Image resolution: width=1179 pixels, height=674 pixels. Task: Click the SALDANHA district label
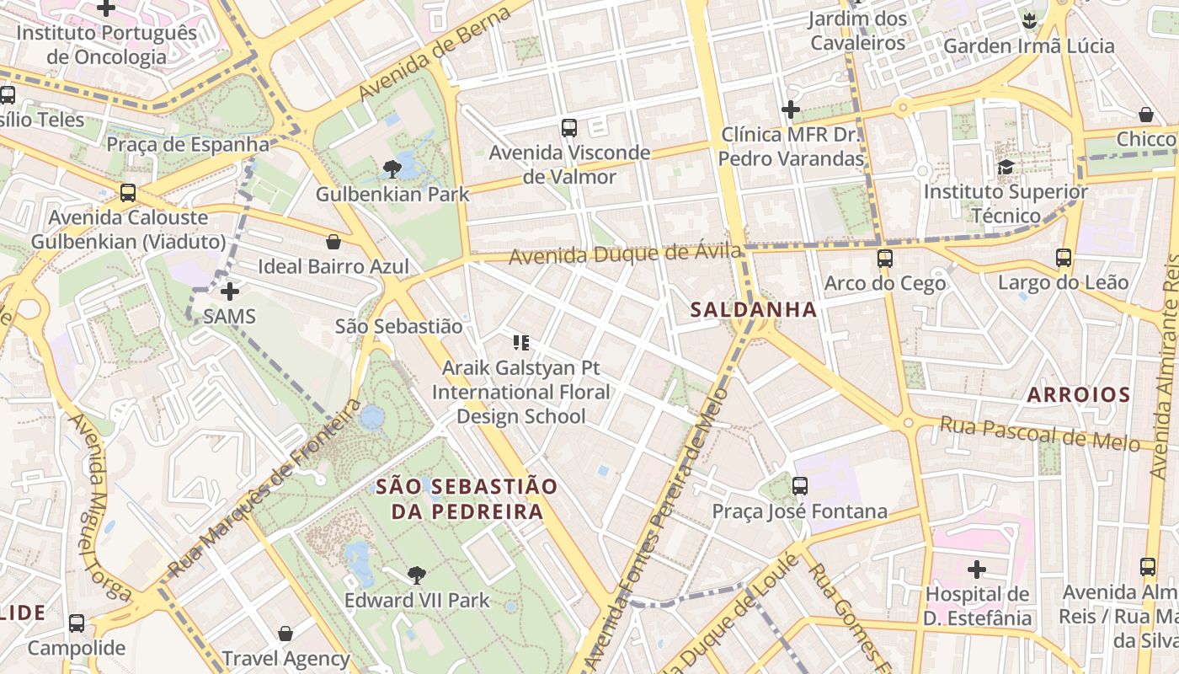754,309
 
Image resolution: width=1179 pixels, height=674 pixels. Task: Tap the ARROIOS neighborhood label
1078,394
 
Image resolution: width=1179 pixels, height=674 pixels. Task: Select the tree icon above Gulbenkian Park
392,169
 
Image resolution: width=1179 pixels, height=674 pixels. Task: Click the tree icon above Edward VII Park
416,575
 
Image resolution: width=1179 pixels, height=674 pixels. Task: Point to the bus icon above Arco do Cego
884,259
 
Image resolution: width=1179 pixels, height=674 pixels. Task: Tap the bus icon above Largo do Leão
1064,258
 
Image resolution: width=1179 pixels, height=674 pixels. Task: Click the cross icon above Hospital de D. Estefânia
977,570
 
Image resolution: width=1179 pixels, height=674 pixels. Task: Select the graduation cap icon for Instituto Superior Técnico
1006,167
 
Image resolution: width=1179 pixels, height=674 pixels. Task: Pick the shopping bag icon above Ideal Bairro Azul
333,243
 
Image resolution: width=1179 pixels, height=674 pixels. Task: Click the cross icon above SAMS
229,292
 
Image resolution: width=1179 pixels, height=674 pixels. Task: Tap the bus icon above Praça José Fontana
800,486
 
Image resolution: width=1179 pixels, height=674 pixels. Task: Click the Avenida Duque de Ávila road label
625,254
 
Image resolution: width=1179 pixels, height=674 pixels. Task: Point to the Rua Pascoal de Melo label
1039,433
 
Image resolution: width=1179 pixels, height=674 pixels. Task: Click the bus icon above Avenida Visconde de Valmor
569,128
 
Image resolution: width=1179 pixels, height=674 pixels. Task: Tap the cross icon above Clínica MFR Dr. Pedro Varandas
790,110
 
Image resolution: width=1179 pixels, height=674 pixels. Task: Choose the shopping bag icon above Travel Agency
285,634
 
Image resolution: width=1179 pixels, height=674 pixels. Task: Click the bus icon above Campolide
77,623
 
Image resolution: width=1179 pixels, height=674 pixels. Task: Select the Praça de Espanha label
188,144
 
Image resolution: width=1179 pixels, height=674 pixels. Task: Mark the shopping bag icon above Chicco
1145,115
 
